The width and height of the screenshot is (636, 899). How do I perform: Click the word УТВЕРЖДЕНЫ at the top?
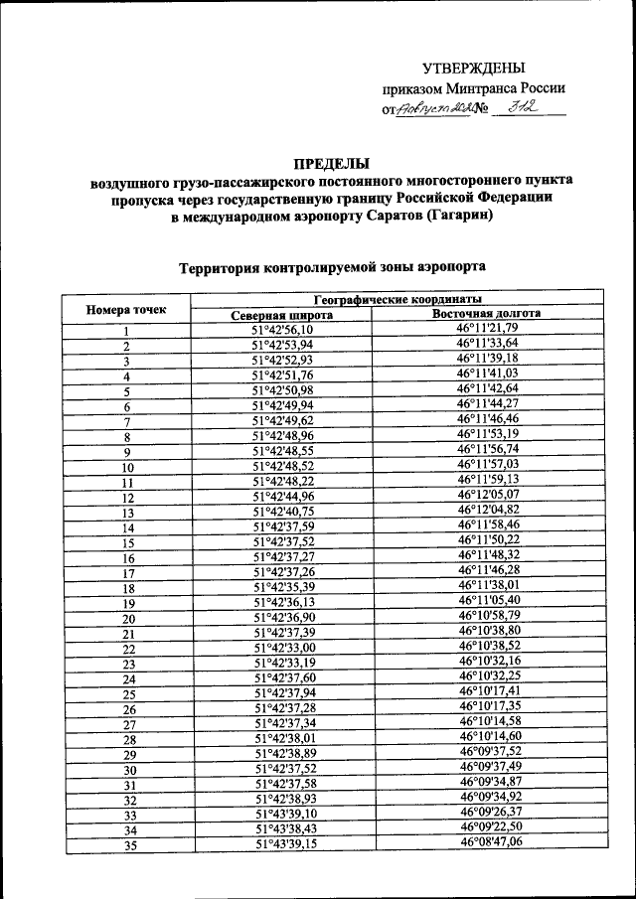coord(472,69)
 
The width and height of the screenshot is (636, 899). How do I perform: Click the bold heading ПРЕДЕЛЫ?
coord(330,163)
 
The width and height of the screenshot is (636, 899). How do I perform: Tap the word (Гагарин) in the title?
coord(451,219)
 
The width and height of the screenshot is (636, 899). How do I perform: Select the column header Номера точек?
coord(125,309)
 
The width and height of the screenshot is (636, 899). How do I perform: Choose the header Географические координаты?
coord(397,299)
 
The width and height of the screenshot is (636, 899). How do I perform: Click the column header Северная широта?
coord(282,316)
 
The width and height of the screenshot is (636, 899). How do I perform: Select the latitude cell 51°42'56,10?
coord(282,330)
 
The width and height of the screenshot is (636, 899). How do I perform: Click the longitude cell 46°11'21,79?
coord(488,328)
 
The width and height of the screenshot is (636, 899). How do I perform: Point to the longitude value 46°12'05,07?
coord(488,494)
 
